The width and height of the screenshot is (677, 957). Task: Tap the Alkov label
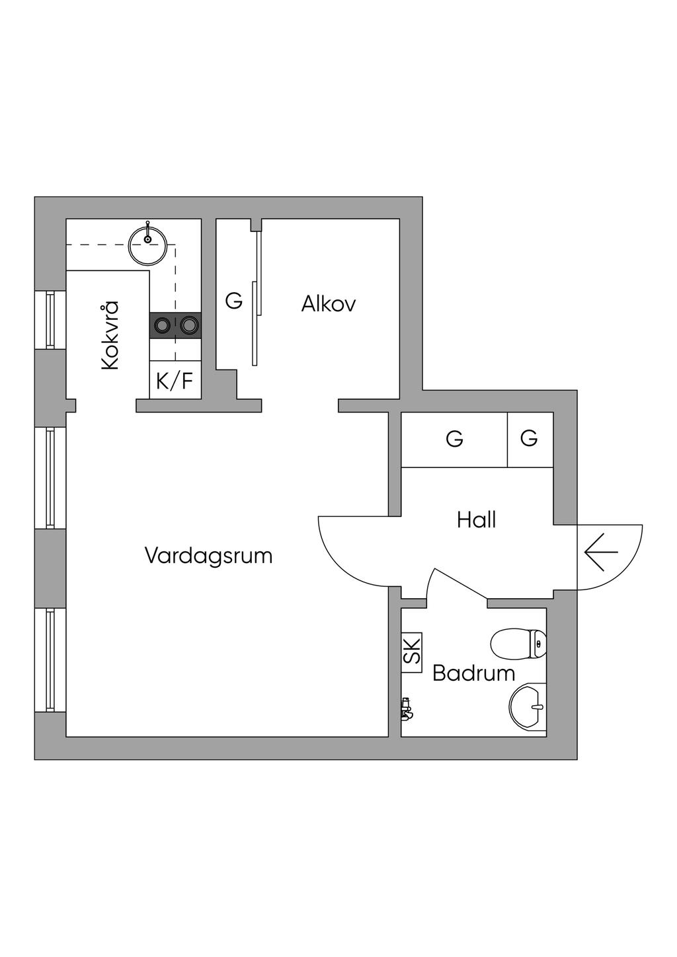(x=328, y=304)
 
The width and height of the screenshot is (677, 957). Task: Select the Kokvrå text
(x=109, y=335)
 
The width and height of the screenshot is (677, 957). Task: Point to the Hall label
(x=476, y=520)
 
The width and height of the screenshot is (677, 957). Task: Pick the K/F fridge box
(x=175, y=380)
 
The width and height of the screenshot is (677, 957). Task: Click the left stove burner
(x=162, y=326)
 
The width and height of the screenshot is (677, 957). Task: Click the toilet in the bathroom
(x=518, y=644)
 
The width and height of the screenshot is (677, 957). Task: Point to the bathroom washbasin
(x=528, y=705)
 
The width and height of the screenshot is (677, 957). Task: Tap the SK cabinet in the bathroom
(x=412, y=652)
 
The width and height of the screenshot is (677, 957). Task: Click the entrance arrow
(x=601, y=552)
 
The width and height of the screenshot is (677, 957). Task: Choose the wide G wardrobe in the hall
(x=454, y=440)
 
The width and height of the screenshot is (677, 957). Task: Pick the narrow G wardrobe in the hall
(x=530, y=440)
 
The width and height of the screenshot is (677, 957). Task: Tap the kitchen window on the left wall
(x=50, y=320)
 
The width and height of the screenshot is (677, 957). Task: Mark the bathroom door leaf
(x=461, y=584)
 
